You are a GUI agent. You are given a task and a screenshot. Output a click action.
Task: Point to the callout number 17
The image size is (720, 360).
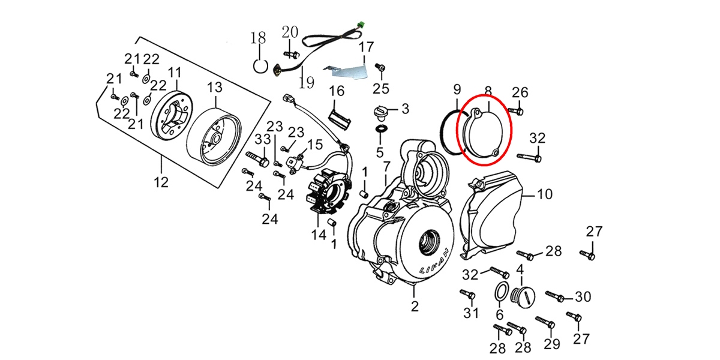pyautogui.click(x=366, y=46)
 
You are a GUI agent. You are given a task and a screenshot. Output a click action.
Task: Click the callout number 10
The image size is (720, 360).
pyautogui.click(x=544, y=194)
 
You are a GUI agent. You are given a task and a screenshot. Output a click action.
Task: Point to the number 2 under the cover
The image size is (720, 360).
pyautogui.click(x=413, y=307)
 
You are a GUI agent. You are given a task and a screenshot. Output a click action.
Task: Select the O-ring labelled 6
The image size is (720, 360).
pyautogui.click(x=500, y=292)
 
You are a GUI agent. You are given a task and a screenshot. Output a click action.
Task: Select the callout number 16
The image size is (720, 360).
pyautogui.click(x=337, y=91)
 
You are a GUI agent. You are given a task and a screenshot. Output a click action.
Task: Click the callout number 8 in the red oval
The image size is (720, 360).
pyautogui.click(x=488, y=91)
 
